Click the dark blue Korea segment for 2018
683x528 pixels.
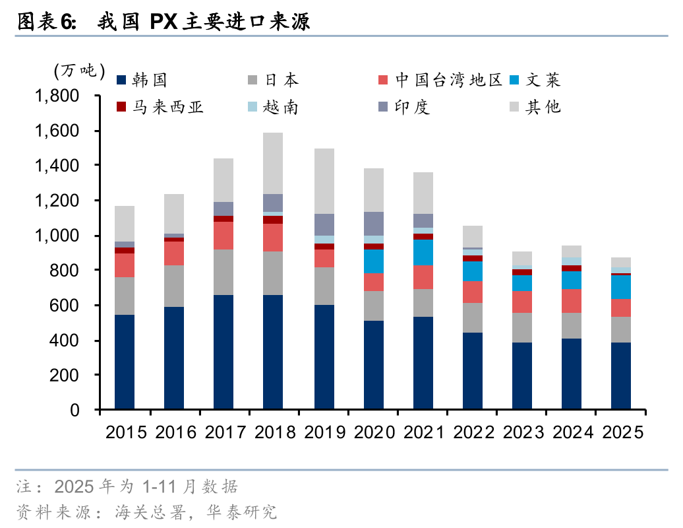pyautogui.click(x=274, y=352)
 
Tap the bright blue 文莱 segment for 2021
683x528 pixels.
pyautogui.click(x=423, y=252)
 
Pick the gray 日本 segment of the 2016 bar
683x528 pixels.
pyautogui.click(x=174, y=286)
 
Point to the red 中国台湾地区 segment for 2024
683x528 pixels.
pyautogui.click(x=572, y=300)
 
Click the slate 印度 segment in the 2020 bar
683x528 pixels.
pyautogui.click(x=373, y=223)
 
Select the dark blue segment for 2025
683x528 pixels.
pyautogui.click(x=621, y=376)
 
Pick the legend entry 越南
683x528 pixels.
pyautogui.click(x=280, y=107)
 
